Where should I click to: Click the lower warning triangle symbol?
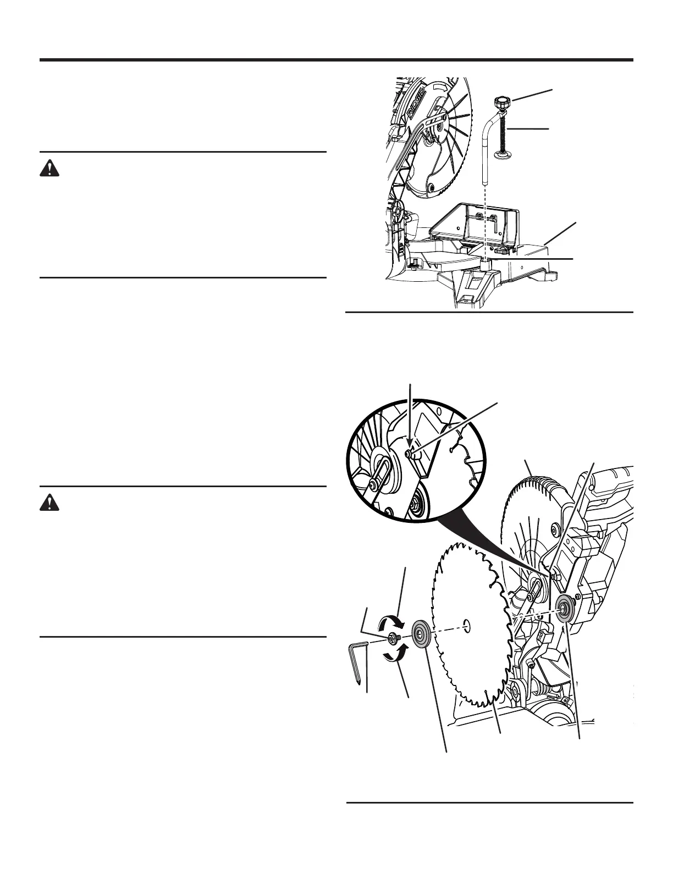(x=49, y=503)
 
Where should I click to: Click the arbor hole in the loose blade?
(x=466, y=623)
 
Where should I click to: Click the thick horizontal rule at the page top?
(x=336, y=60)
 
